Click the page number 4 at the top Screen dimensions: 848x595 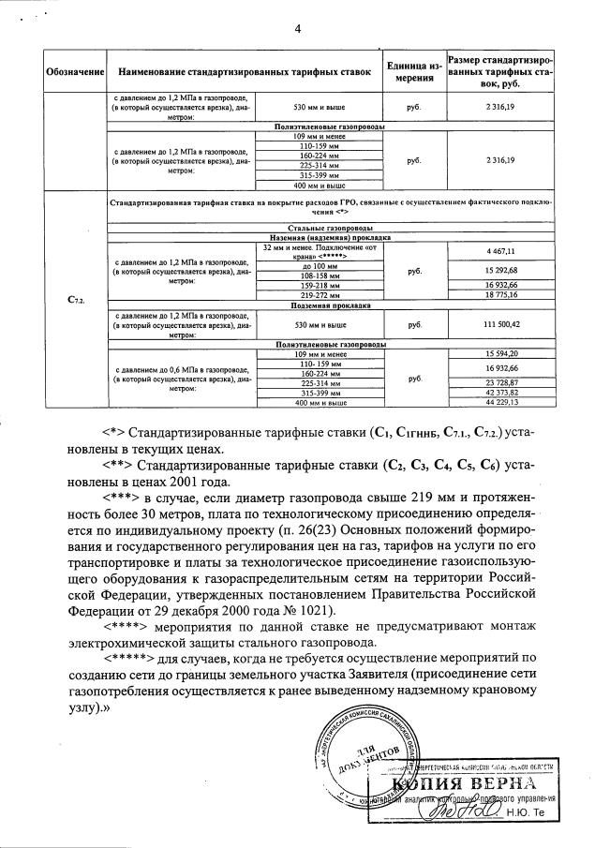[297, 28]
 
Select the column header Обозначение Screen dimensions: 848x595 [75, 72]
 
